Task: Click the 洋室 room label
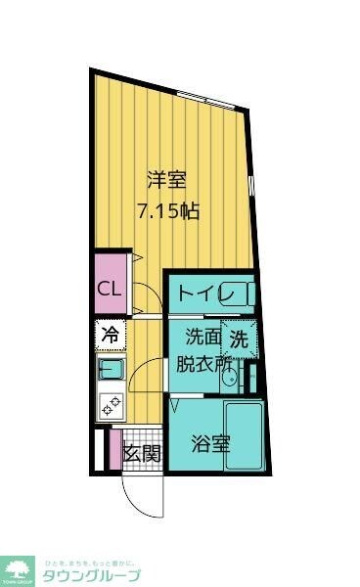coord(165,180)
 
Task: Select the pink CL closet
coord(110,289)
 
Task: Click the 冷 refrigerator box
coord(110,335)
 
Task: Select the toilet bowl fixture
coord(244,293)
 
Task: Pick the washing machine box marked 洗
coord(239,339)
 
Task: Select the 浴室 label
coord(210,443)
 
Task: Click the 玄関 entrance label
coord(142,453)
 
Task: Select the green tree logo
coord(17,568)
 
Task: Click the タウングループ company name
coord(91,575)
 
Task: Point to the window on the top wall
coord(204,98)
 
